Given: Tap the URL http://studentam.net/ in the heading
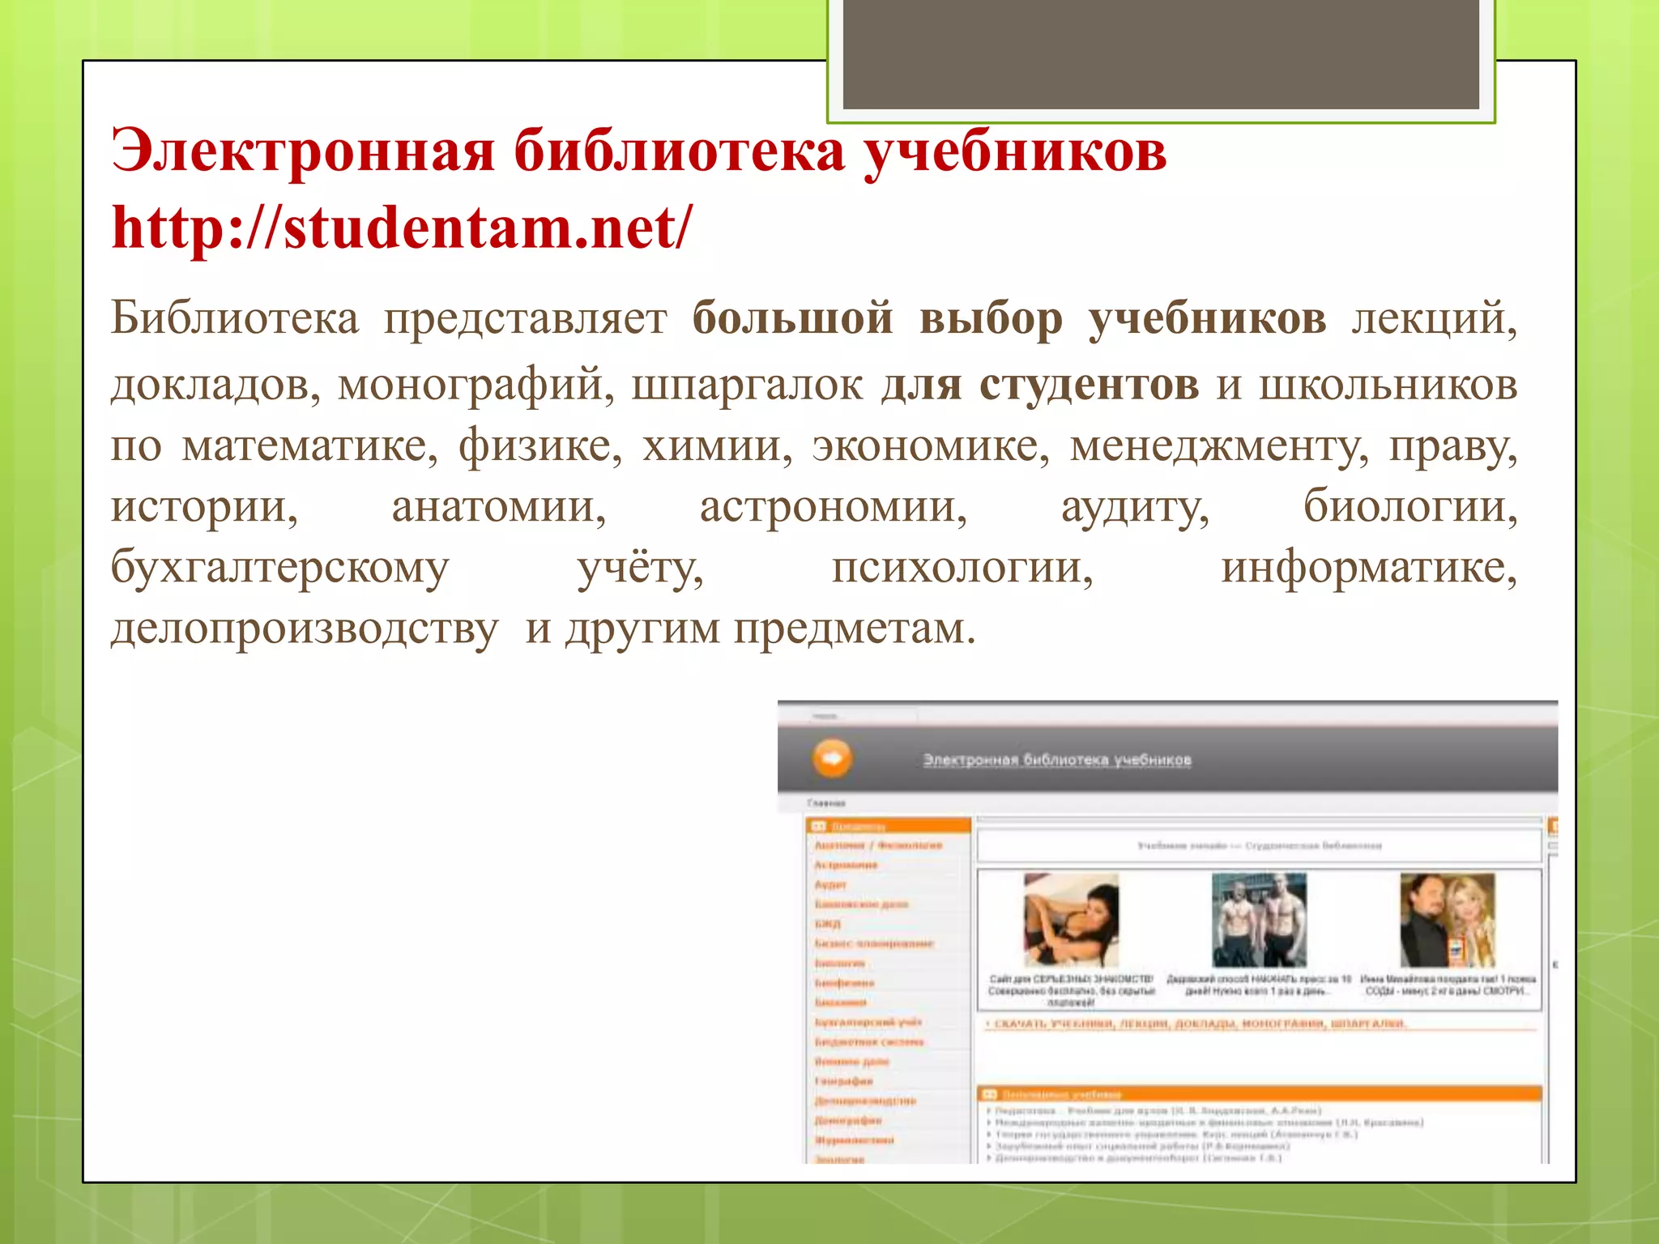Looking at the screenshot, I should coord(402,228).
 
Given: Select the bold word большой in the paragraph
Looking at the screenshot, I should coord(792,317).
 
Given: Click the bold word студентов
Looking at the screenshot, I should coord(1089,384).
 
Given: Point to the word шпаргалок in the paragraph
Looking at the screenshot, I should coord(747,384).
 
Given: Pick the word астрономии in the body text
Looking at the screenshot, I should coord(833,507).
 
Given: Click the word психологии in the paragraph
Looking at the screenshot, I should coord(962,568).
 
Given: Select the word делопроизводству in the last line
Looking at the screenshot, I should coord(304,629).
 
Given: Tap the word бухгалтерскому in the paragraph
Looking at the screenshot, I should coord(279,568).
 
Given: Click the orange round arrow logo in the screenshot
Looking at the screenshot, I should coord(832,759).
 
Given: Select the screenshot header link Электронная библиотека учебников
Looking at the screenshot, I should coord(1057,760).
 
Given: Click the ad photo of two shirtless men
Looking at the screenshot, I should coord(1259,919).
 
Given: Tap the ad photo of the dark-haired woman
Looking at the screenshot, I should coord(1071,919).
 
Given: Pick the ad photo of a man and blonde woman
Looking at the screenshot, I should coord(1447,919).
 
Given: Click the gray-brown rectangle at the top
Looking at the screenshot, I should coord(1161,53).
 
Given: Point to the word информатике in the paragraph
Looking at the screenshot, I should coord(1369,568).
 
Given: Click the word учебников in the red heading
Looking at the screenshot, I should coord(1014,151).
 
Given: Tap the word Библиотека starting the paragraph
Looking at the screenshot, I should coord(235,317).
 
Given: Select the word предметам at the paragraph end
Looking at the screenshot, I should coord(854,629).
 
